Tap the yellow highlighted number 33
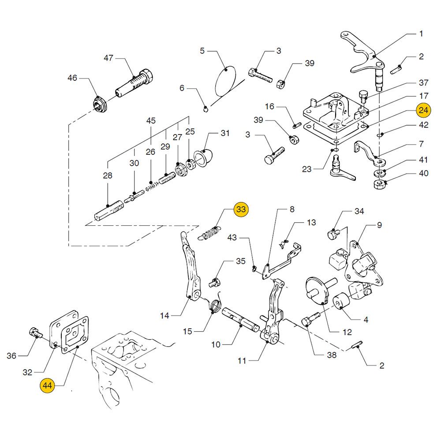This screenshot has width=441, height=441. pyautogui.click(x=241, y=209)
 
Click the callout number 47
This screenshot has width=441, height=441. pyautogui.click(x=108, y=58)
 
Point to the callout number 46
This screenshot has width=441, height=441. pyautogui.click(x=72, y=78)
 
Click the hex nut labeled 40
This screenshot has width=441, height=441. pyautogui.click(x=379, y=183)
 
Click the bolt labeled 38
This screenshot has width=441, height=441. pyautogui.click(x=310, y=319)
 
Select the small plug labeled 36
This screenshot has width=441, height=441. pyautogui.click(x=34, y=332)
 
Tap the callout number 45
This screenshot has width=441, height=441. pyautogui.click(x=151, y=120)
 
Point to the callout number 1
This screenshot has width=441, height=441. pyautogui.click(x=421, y=34)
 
